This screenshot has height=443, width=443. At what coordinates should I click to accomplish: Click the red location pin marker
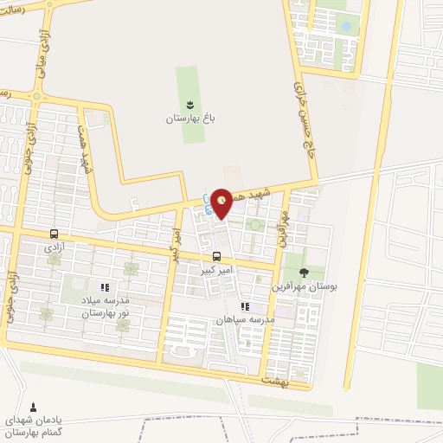pyautogui.click(x=222, y=203)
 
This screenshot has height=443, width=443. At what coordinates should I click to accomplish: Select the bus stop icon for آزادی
pyautogui.click(x=55, y=234)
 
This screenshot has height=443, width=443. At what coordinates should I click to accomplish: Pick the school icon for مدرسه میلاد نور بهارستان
pyautogui.click(x=105, y=287)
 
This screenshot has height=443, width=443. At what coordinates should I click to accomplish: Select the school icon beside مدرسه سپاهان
pyautogui.click(x=246, y=306)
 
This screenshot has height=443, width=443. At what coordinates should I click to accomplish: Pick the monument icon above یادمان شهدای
pyautogui.click(x=34, y=407)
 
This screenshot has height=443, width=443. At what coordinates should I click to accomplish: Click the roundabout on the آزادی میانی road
pyautogui.click(x=37, y=96)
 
